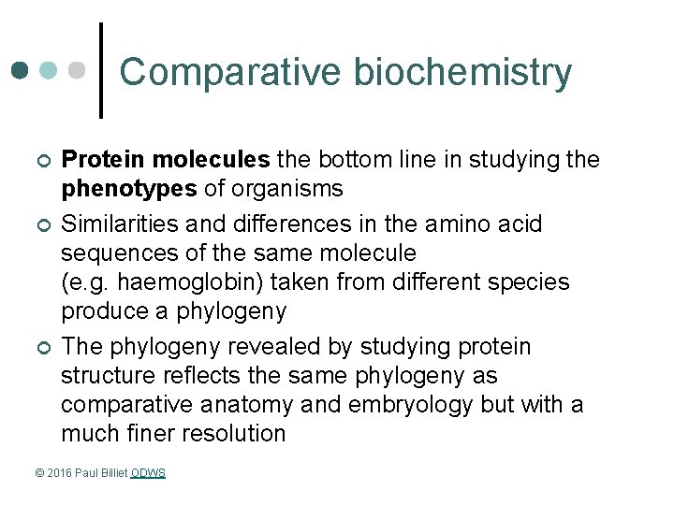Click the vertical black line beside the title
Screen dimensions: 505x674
coord(101,70)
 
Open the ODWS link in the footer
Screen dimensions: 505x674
coord(148,473)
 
